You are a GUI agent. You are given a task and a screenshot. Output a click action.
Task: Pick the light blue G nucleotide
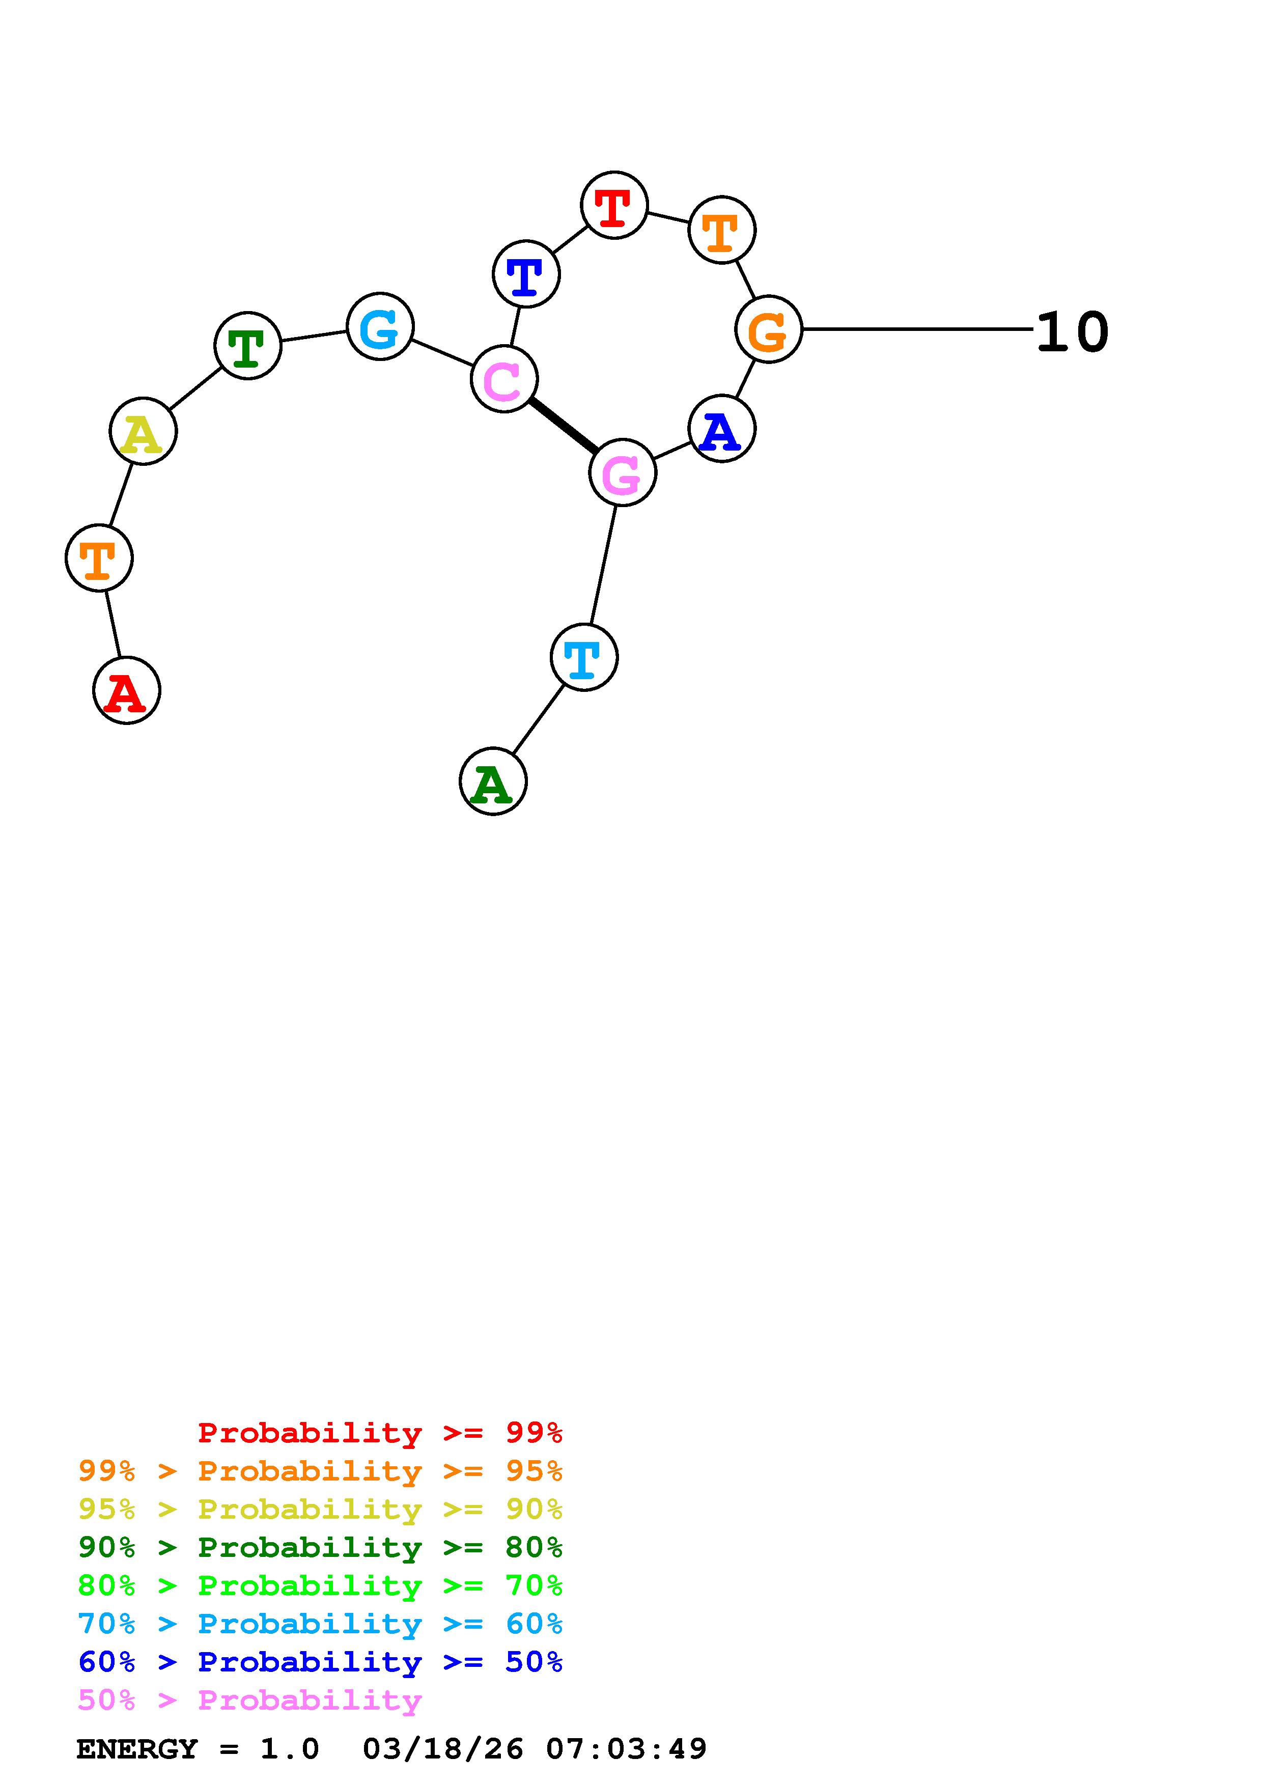tap(379, 327)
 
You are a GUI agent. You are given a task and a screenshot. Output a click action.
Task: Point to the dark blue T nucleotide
tap(526, 274)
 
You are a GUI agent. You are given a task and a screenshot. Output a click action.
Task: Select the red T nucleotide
tap(614, 205)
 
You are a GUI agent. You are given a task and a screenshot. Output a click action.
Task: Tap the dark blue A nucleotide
tap(721, 429)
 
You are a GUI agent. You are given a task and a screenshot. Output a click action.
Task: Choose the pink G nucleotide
tap(623, 472)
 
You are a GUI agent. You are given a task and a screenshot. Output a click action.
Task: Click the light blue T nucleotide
tap(584, 657)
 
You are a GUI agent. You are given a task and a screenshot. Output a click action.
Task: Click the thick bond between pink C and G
tap(564, 426)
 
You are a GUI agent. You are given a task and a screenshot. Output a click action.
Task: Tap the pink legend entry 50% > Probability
tap(249, 1700)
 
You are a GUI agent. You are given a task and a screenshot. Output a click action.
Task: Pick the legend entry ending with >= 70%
tap(320, 1585)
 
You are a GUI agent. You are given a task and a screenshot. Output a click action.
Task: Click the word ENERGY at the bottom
tap(137, 1749)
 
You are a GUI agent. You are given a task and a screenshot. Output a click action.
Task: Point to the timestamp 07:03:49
tap(626, 1749)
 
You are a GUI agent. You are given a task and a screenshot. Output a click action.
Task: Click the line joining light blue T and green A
tap(538, 719)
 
